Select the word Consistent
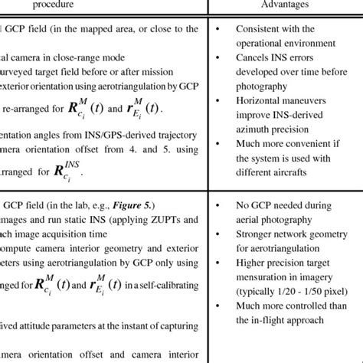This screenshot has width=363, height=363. coord(260,30)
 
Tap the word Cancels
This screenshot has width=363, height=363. coord(252,57)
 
